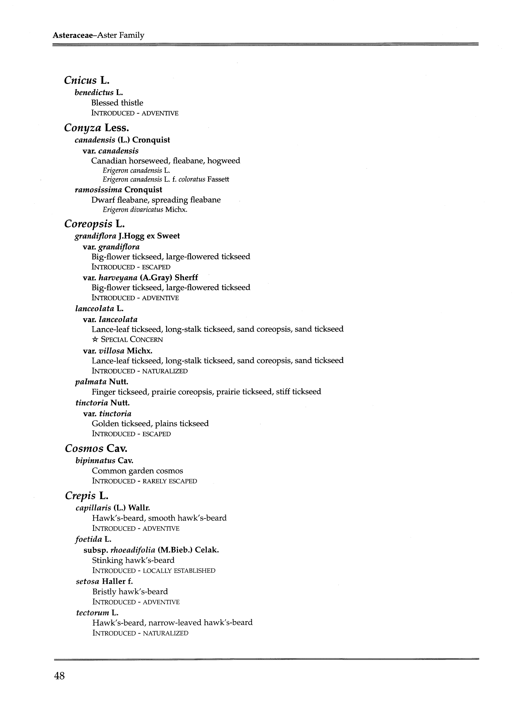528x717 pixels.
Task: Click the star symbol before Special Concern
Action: (95, 340)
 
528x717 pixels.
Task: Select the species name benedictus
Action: (94, 93)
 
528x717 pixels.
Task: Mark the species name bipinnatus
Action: (95, 461)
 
